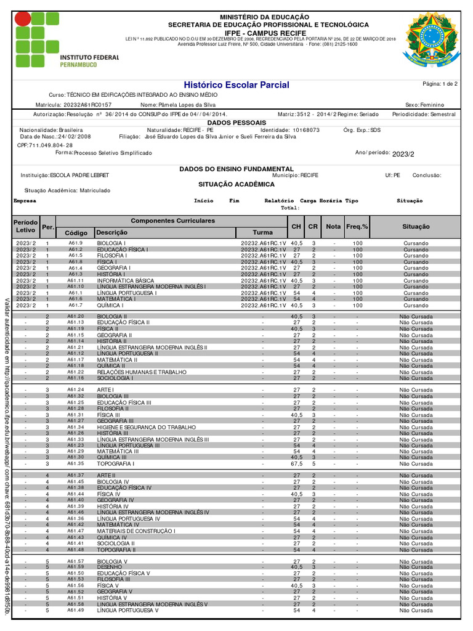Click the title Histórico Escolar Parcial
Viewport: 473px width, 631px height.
[236, 84]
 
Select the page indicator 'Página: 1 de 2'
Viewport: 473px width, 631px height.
[440, 83]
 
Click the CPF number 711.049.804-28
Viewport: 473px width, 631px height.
[46, 145]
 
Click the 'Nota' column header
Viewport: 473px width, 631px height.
[333, 227]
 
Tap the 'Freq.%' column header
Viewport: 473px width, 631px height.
[357, 227]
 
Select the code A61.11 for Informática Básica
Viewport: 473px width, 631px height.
[75, 280]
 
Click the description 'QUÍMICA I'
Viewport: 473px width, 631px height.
[110, 305]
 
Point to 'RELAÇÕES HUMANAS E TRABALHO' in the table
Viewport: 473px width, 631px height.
[141, 372]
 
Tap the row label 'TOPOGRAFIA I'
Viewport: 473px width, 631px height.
[114, 463]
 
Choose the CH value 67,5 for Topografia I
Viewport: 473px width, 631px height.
[296, 463]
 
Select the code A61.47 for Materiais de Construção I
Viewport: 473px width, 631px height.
[75, 531]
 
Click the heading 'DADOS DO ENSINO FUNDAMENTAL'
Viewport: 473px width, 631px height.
[236, 168]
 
